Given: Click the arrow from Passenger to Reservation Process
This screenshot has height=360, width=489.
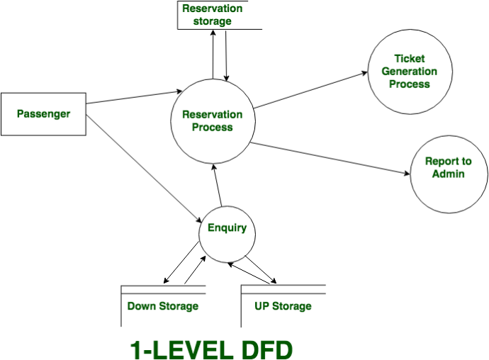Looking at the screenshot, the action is coord(134,97).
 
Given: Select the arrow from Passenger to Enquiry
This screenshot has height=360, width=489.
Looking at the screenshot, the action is coord(144,169).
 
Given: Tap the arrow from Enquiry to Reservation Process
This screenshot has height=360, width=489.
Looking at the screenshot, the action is coord(218,185).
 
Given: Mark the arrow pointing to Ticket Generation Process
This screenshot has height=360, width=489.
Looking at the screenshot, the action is coord(311,90).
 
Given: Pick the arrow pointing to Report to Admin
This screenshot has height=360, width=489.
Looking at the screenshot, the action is coord(330,159).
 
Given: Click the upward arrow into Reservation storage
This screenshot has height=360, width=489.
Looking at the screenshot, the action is coord(213,55).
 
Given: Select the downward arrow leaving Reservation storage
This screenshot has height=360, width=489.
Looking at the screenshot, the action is coord(226,56).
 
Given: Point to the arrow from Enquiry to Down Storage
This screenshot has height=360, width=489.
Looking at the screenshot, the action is coord(181,262).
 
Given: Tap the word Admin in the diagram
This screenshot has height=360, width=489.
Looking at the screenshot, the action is coord(448,174).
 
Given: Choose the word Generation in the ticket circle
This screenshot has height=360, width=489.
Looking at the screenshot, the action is coord(409,72).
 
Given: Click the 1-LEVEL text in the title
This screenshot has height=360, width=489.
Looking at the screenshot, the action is coord(181,350).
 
